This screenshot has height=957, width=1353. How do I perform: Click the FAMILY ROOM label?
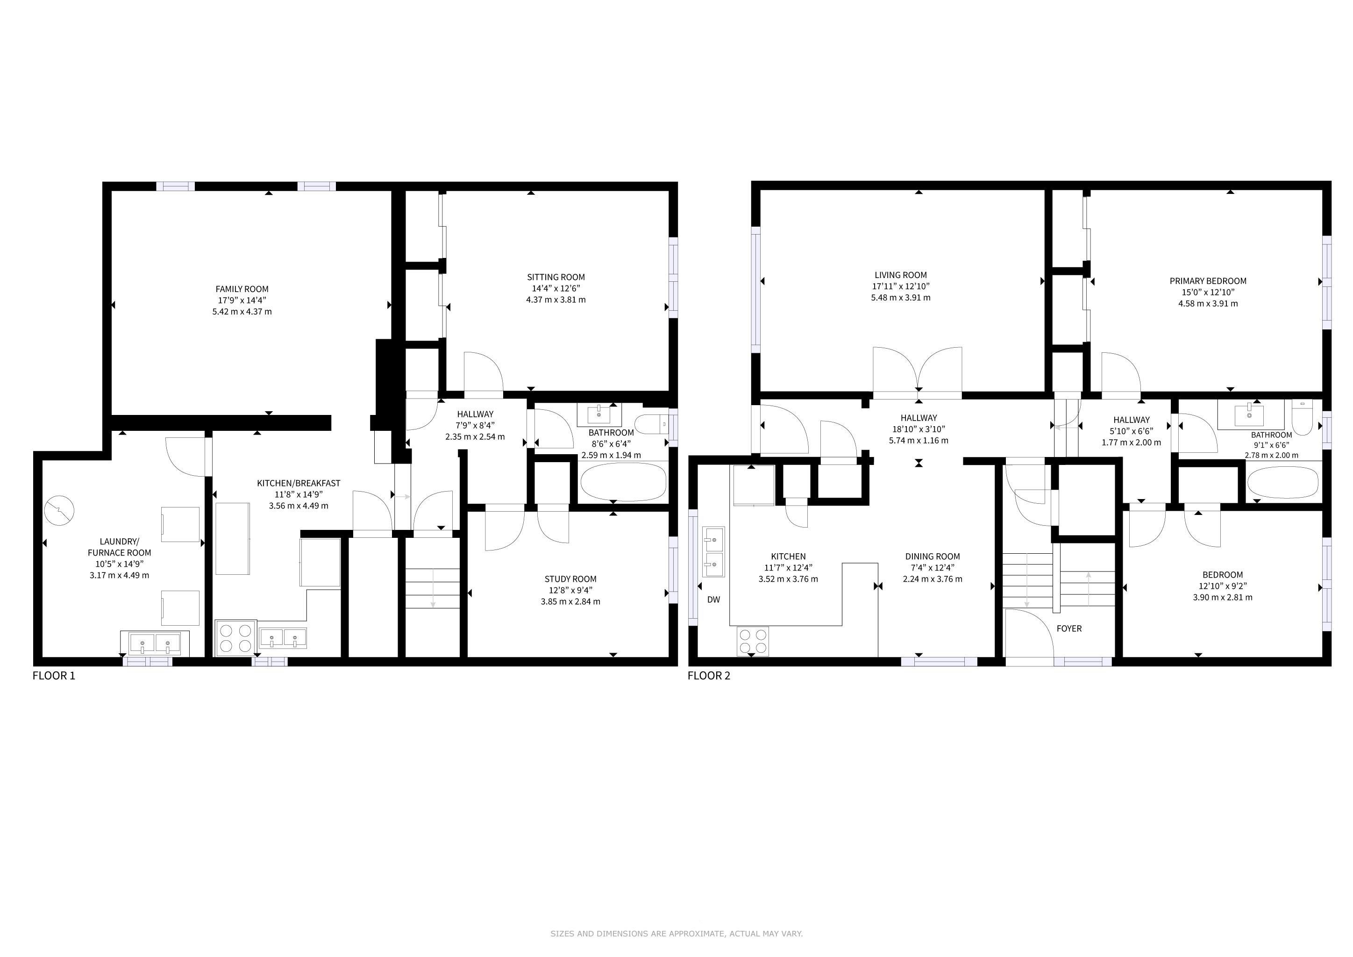242,289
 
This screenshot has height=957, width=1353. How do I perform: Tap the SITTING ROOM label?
555,277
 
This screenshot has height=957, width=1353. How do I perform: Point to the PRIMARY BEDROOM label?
1208,281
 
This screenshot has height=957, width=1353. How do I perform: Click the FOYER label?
1069,629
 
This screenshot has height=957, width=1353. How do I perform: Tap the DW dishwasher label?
713,600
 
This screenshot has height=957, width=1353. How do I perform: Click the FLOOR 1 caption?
54,676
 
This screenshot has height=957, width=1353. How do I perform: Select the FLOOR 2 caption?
709,676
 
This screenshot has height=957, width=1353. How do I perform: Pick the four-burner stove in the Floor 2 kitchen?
753,641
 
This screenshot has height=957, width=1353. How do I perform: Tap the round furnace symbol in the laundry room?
59,510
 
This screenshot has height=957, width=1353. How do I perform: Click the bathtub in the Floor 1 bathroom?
623,482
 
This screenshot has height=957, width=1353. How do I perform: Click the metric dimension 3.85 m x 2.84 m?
570,602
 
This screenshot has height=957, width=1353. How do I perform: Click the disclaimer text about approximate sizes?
676,934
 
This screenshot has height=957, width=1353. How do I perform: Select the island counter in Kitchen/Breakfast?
232,539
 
